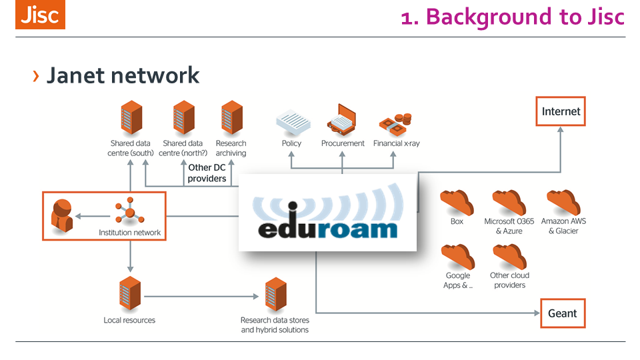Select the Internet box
[x=561, y=111]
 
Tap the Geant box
[x=562, y=313]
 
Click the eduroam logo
[x=327, y=213]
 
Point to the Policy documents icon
[x=291, y=123]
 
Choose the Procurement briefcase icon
[x=343, y=121]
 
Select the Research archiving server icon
[x=231, y=118]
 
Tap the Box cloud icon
[x=457, y=202]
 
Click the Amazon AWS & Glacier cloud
[x=563, y=202]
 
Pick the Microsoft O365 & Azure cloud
[x=509, y=202]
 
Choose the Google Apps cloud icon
[x=457, y=257]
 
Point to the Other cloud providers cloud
[x=509, y=257]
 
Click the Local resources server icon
[x=129, y=294]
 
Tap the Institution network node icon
[x=129, y=213]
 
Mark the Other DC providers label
[x=207, y=173]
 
